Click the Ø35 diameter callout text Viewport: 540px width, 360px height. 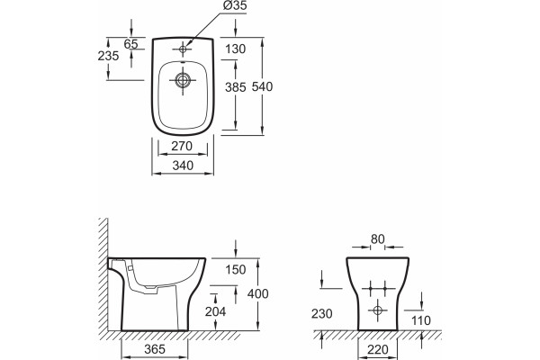point(235,6)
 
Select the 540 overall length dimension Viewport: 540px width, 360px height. point(262,86)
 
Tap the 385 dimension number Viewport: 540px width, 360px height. point(236,87)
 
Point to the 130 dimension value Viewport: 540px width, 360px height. point(236,49)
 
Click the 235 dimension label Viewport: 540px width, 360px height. point(108,56)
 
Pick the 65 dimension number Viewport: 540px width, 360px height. point(130,44)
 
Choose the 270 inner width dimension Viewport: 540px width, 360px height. point(182,147)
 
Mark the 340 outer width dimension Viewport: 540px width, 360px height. point(183,166)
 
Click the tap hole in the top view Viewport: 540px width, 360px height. point(183,49)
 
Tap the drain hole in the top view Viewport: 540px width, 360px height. point(183,80)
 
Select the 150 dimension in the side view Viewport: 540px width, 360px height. point(236,270)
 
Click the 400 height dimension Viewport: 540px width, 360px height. point(258,294)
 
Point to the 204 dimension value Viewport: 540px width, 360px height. point(216,311)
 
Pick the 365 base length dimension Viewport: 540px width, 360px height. point(155,349)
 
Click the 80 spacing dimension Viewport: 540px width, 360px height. point(377,239)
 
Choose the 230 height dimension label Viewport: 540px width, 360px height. point(322,314)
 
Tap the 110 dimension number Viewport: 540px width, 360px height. point(421,320)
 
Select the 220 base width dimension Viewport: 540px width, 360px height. point(378,350)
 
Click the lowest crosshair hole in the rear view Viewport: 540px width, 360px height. point(378,310)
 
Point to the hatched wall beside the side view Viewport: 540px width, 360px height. point(103,274)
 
